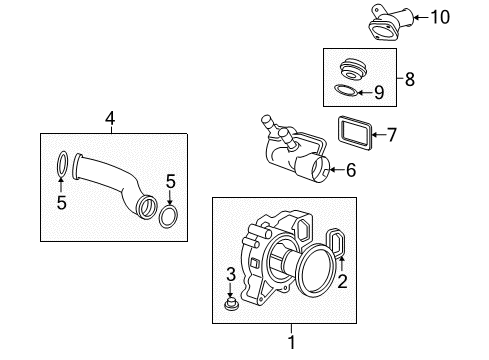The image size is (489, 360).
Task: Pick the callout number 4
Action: (x=110, y=118)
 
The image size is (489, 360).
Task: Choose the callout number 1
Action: (x=292, y=341)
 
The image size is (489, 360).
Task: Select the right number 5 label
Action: (x=171, y=181)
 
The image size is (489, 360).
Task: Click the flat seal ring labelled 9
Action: (x=345, y=92)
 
